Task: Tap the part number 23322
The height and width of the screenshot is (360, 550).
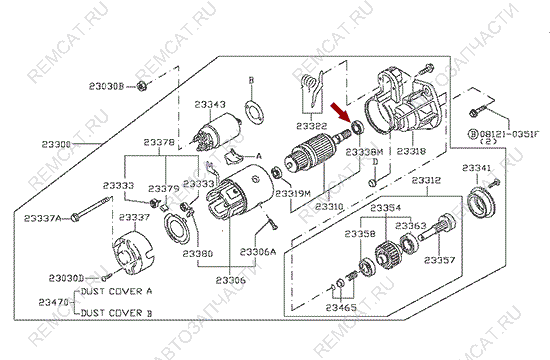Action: pyautogui.click(x=311, y=126)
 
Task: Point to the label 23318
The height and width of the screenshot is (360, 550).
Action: pyautogui.click(x=411, y=151)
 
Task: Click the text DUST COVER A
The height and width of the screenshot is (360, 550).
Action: pyautogui.click(x=116, y=291)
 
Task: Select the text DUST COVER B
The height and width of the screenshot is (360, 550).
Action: pyautogui.click(x=116, y=312)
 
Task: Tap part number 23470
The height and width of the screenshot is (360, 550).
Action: pyautogui.click(x=54, y=301)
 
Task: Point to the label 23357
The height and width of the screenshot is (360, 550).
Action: pyautogui.click(x=440, y=260)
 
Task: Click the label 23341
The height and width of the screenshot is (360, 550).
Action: pyautogui.click(x=479, y=167)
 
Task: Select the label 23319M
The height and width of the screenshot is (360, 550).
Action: pyautogui.click(x=293, y=191)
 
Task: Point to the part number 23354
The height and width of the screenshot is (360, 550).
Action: pyautogui.click(x=385, y=207)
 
